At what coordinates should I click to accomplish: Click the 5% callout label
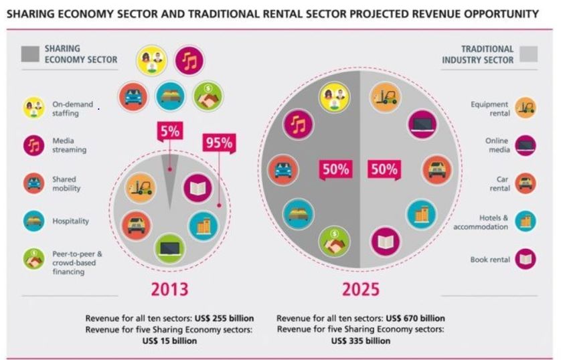[169, 131]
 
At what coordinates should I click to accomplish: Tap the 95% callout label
[218, 143]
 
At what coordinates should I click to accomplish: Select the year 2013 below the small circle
[169, 288]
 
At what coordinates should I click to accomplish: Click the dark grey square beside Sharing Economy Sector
[30, 54]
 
